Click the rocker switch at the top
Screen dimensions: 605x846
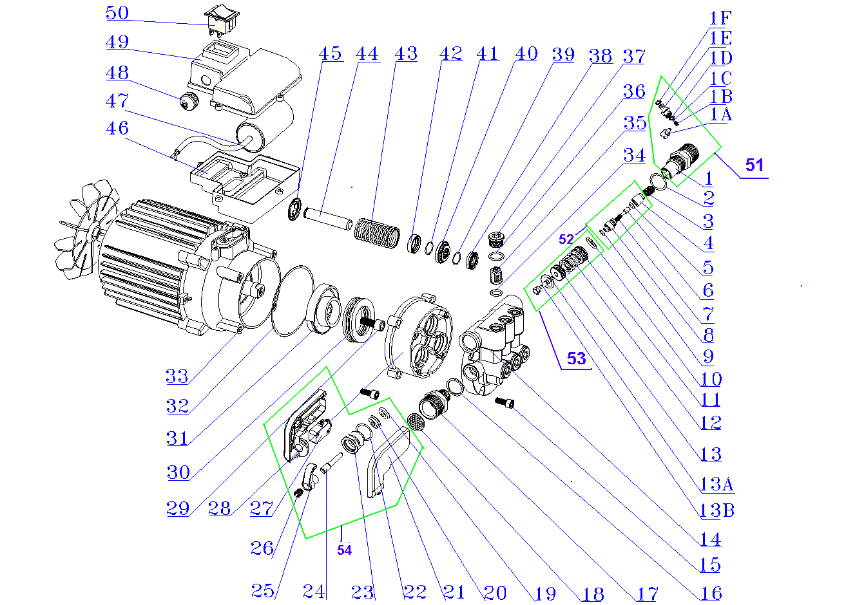(x=222, y=21)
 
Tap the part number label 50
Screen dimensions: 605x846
(x=117, y=13)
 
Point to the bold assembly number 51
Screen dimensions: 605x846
(x=754, y=165)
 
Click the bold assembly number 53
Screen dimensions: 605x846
(x=576, y=358)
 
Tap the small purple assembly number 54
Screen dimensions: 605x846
(x=345, y=550)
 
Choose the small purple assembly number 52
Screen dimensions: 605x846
(x=566, y=239)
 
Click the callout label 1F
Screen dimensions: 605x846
(x=720, y=18)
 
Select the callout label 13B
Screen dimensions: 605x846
(x=716, y=511)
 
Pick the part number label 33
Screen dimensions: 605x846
(x=177, y=377)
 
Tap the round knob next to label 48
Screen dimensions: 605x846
(x=189, y=101)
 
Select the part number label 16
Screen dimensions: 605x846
(x=710, y=593)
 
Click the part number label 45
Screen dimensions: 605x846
(x=330, y=53)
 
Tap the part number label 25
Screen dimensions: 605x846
(x=263, y=590)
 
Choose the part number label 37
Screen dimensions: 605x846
(x=633, y=57)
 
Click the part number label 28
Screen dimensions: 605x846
(x=219, y=509)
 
